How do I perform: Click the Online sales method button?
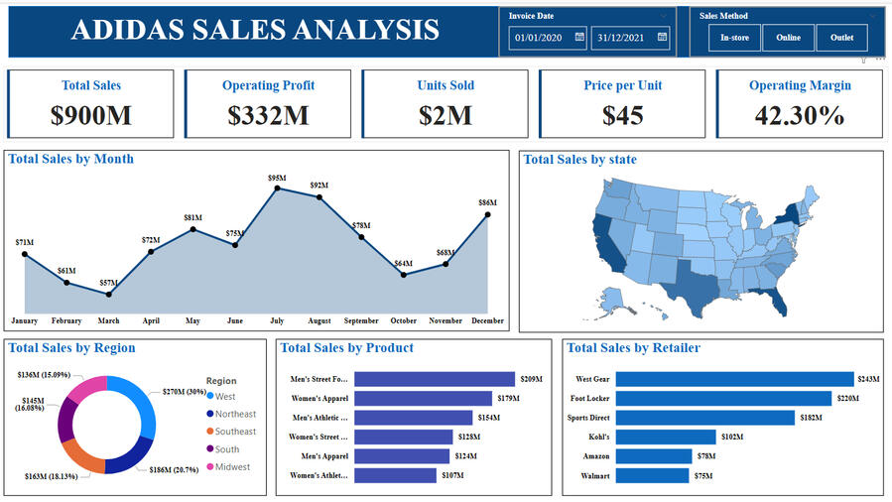pos(789,38)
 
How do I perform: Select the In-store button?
pos(735,38)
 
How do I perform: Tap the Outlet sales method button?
pos(841,38)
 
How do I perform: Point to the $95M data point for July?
pos(277,188)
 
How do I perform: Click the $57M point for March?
pos(109,294)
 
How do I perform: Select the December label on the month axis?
pos(487,321)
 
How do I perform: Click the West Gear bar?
pos(734,379)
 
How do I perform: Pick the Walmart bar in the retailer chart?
pos(652,475)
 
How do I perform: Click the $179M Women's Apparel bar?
pos(423,399)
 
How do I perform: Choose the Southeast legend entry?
pos(235,432)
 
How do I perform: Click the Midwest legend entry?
pos(233,467)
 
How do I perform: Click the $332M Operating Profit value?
pos(268,115)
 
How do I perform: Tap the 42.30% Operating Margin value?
pos(800,115)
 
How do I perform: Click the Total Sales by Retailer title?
pos(633,348)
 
